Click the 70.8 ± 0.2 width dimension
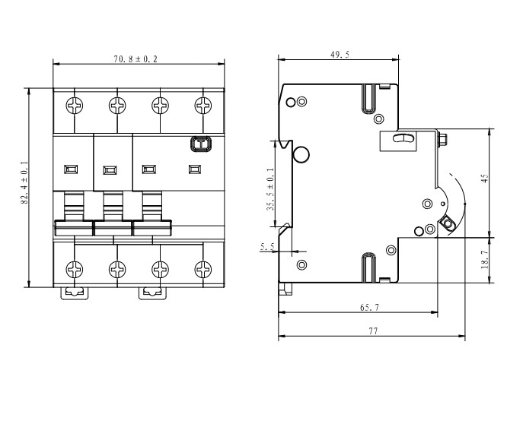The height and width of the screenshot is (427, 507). tap(136, 59)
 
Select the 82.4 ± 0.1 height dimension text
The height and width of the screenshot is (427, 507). tap(25, 182)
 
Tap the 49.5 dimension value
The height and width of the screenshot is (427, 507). tap(340, 55)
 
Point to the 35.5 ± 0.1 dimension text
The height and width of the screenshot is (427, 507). tap(270, 189)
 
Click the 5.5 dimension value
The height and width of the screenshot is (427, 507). tap(267, 247)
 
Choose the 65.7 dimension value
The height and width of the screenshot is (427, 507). tap(369, 307)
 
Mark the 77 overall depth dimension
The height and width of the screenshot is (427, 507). tap(373, 331)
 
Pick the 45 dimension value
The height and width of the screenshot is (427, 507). tap(485, 179)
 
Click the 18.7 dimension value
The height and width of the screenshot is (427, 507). tap(485, 260)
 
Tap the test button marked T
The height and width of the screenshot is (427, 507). tap(201, 144)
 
